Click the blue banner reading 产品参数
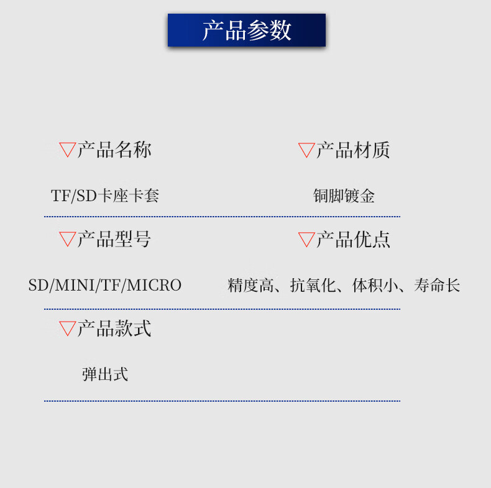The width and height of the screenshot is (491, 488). pyautogui.click(x=247, y=30)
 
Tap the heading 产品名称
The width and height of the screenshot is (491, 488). pyautogui.click(x=114, y=150)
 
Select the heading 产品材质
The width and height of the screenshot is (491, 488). pyautogui.click(x=353, y=150)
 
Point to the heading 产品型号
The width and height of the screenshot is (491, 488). pyautogui.click(x=114, y=239)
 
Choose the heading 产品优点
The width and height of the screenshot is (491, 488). pyautogui.click(x=353, y=239)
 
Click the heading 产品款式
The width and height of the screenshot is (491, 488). pyautogui.click(x=114, y=328)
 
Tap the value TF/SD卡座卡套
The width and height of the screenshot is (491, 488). pyautogui.click(x=105, y=196)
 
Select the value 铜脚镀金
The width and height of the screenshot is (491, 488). pyautogui.click(x=344, y=196)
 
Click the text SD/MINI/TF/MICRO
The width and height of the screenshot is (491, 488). pyautogui.click(x=105, y=286)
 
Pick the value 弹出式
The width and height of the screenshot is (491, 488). pyautogui.click(x=105, y=374)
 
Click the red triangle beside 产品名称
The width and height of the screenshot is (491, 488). pyautogui.click(x=67, y=149)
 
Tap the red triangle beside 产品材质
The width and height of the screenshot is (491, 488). pyautogui.click(x=306, y=149)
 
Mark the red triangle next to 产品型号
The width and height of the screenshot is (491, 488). pyautogui.click(x=67, y=238)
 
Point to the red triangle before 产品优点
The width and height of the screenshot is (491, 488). pyautogui.click(x=306, y=238)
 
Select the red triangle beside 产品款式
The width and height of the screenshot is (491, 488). pyautogui.click(x=67, y=328)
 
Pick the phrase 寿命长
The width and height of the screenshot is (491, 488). pyautogui.click(x=437, y=286)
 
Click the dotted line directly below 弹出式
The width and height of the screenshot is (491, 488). pyautogui.click(x=222, y=401)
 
